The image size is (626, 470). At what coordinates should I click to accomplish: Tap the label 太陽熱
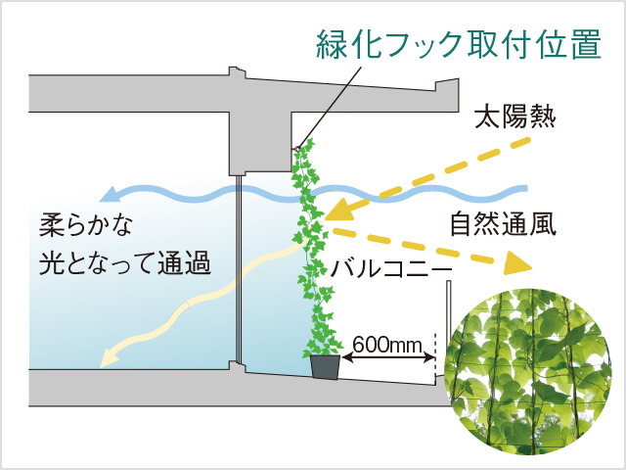tap(515, 117)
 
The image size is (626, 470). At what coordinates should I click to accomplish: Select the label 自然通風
tap(503, 224)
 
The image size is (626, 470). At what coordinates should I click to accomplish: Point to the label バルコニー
tap(390, 268)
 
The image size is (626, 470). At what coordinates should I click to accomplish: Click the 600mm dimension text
tap(387, 344)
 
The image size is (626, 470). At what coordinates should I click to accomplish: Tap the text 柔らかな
tap(85, 226)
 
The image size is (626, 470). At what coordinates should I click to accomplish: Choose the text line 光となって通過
tap(124, 263)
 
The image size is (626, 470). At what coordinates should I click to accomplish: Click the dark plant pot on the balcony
tap(326, 366)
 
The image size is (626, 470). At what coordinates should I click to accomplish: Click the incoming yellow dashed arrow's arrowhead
tap(338, 211)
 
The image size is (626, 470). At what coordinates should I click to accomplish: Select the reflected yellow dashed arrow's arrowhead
tap(517, 263)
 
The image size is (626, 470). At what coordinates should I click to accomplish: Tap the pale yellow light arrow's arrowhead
tap(108, 356)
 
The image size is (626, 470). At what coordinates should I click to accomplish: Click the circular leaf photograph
tap(528, 370)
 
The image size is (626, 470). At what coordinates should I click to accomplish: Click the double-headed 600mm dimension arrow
tap(388, 356)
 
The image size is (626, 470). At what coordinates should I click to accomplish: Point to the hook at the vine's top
tap(297, 149)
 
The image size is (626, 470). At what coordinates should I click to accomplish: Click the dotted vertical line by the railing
tap(435, 354)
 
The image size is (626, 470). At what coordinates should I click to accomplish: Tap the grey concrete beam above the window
tap(259, 142)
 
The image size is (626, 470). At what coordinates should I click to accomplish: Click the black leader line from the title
tap(330, 107)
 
